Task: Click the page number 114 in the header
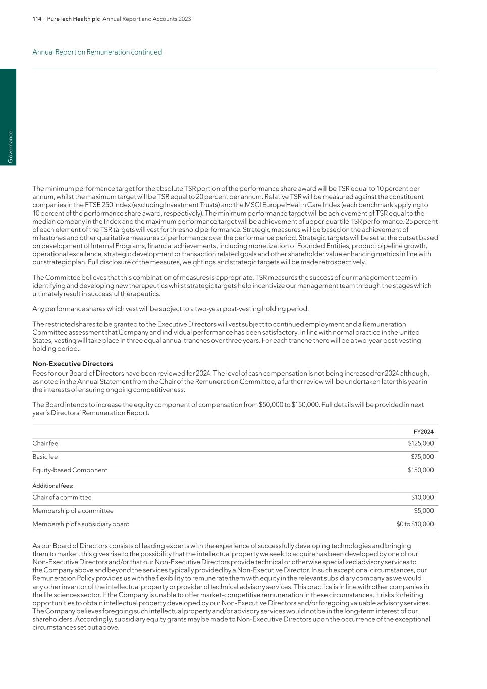pos(37,19)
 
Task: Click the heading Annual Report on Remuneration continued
pos(97,52)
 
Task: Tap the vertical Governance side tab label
pos(10,146)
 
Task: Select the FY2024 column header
pos(423,432)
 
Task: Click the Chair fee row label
pos(45,443)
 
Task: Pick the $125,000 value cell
pos(420,443)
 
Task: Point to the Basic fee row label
pos(45,457)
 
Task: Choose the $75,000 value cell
pos(422,457)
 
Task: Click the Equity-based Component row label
pos(70,470)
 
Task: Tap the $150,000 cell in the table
pos(420,470)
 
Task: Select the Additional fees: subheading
pos(53,486)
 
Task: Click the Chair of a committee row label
pos(62,497)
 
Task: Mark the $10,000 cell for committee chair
pos(422,497)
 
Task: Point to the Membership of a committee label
pos(73,511)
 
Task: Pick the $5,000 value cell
pos(424,511)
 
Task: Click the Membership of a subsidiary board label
pos(81,524)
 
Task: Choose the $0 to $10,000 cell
pos(415,524)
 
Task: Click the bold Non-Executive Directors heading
pos(73,364)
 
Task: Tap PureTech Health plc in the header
pos(73,19)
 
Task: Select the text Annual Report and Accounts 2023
pos(147,19)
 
